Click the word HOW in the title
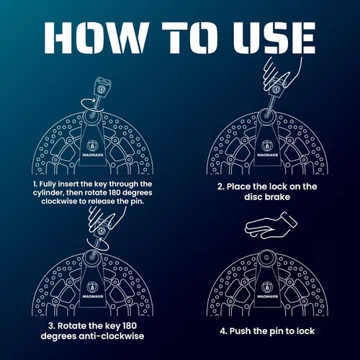(x=96, y=37)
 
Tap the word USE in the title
(x=274, y=37)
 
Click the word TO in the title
(x=189, y=37)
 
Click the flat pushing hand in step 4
(x=271, y=225)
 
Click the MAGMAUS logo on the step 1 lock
(x=93, y=149)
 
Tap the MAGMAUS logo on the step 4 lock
(x=267, y=290)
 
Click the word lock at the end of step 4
(x=305, y=331)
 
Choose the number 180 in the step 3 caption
(x=130, y=325)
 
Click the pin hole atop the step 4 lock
(x=266, y=258)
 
